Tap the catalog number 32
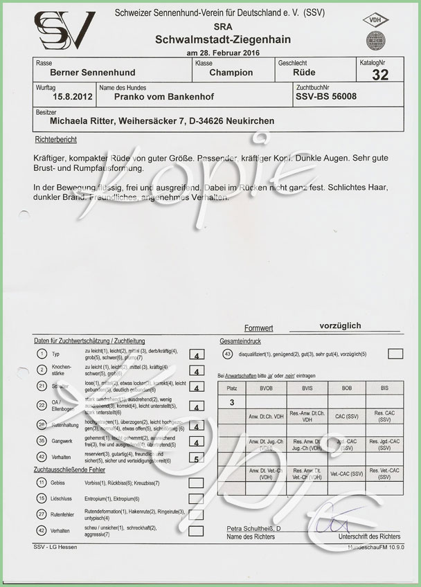tap(380, 75)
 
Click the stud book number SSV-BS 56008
tap(326, 98)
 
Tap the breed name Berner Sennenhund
tap(84, 72)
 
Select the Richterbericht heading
tap(55, 140)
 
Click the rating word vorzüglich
tap(340, 325)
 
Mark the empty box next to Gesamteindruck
tap(395, 354)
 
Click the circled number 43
tap(228, 354)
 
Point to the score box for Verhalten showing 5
tap(197, 458)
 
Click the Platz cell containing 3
tap(232, 401)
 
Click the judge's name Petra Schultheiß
tap(253, 529)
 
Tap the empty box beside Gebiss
tap(196, 482)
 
